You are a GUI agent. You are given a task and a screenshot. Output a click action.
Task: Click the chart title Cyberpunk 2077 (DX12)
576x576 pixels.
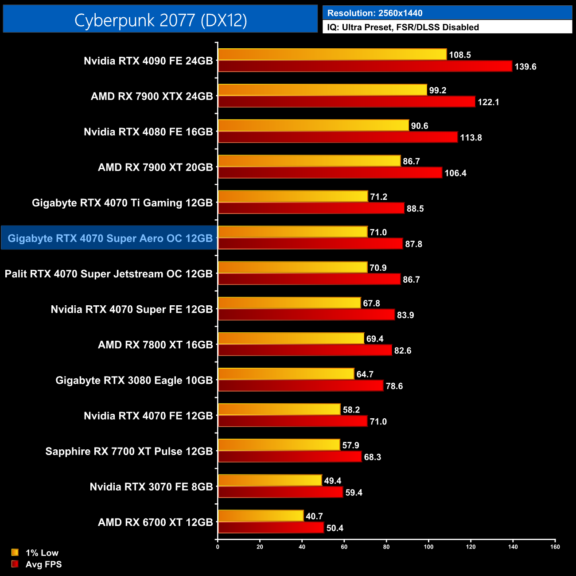(160, 20)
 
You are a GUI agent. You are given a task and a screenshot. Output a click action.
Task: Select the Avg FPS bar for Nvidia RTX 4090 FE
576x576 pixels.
(365, 66)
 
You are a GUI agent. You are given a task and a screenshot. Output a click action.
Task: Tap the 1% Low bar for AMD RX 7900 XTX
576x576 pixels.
(323, 90)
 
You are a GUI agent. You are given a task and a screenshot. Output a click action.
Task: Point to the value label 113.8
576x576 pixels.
(471, 138)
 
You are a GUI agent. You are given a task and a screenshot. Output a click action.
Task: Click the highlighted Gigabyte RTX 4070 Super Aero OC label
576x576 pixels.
(110, 238)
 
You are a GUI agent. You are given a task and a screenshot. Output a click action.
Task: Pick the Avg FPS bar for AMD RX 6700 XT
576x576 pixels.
(271, 528)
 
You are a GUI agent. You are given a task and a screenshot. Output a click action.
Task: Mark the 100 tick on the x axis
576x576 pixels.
(428, 547)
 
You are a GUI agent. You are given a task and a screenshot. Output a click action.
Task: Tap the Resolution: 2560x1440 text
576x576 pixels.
(375, 13)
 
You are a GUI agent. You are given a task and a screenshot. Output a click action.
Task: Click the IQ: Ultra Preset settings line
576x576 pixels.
(403, 27)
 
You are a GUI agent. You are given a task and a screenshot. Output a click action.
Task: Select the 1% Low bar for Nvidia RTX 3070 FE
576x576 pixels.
(270, 480)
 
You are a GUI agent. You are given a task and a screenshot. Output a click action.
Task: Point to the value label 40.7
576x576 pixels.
(314, 516)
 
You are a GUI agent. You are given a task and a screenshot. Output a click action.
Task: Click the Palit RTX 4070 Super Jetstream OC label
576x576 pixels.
(109, 274)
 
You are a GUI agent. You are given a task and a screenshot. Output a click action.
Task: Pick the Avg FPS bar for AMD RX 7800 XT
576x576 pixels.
(305, 350)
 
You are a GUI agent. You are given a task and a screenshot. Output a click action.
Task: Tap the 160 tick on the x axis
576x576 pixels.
(555, 547)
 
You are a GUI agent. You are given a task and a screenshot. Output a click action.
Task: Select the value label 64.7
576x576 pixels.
(365, 374)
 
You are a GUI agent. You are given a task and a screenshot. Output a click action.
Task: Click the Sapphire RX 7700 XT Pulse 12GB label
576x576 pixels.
(129, 451)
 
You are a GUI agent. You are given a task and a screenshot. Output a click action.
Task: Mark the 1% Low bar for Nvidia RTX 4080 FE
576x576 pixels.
(313, 125)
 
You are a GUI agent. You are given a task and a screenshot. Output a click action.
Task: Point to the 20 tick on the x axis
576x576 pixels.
(260, 547)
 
